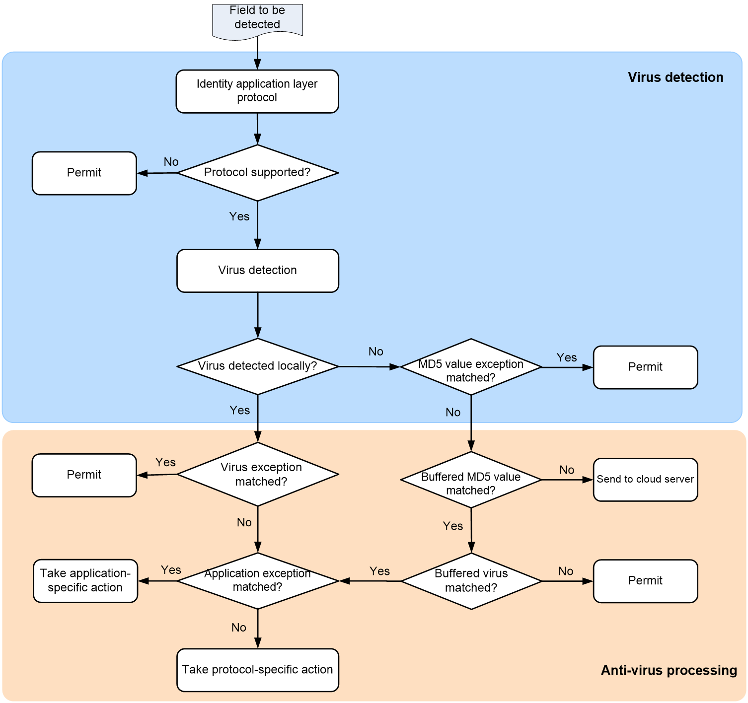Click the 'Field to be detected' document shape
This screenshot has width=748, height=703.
[x=257, y=21]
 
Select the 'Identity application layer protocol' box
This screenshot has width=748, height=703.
[x=257, y=91]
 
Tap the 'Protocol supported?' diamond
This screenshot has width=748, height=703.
[x=258, y=173]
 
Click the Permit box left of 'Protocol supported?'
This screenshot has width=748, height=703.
[x=84, y=173]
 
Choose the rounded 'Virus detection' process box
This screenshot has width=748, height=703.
[x=258, y=271]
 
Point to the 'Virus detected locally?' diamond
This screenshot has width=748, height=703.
[x=258, y=367]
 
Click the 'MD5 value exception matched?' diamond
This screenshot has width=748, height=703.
[x=471, y=367]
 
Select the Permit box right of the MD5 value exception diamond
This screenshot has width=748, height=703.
[x=646, y=367]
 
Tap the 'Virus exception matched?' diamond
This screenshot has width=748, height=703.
[x=258, y=475]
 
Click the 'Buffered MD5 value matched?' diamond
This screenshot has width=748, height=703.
[x=471, y=480]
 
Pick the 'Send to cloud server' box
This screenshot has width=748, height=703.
[x=646, y=480]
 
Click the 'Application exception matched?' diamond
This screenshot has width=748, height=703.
[x=258, y=581]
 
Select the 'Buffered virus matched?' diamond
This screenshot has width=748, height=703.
[x=471, y=581]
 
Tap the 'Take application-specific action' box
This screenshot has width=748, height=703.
[x=85, y=581]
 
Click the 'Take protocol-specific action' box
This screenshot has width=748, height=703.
[x=258, y=670]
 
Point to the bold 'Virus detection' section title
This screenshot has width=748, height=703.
[x=675, y=77]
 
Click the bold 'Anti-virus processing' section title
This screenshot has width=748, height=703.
[x=669, y=670]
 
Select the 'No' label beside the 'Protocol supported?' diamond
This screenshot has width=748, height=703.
[x=171, y=162]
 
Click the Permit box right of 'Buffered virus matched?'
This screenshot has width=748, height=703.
[x=646, y=581]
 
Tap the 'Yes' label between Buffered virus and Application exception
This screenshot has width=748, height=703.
[x=379, y=571]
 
